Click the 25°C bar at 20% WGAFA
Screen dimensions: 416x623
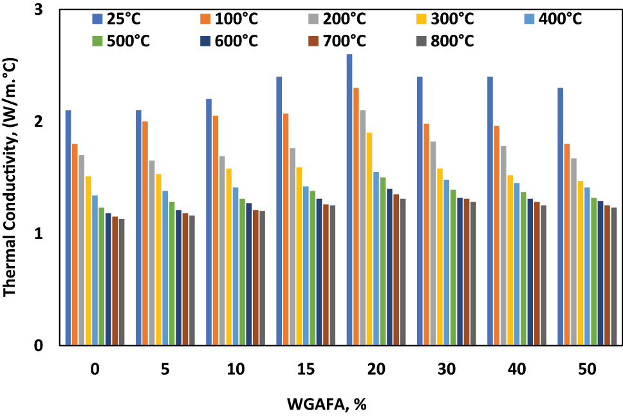(349, 200)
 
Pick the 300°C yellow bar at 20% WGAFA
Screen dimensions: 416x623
(369, 239)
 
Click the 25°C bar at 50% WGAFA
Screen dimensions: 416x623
(561, 216)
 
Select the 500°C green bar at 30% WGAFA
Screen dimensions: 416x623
(454, 267)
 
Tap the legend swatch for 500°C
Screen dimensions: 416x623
(97, 41)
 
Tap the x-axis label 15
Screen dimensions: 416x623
(306, 370)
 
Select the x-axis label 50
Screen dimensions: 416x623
(587, 370)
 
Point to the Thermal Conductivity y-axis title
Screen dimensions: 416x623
(11, 177)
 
